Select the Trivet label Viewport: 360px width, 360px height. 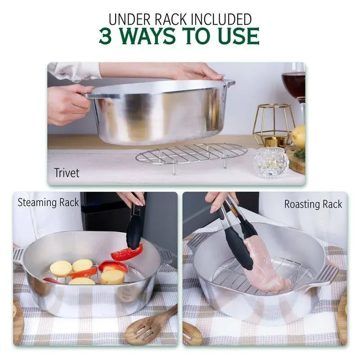pos(67,173)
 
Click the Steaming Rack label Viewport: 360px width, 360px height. pos(48,202)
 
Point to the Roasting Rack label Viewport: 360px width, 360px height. pos(313,204)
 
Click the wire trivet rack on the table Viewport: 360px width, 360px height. pos(191,154)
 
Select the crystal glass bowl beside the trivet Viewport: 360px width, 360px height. pos(270,162)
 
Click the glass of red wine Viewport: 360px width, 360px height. pos(293,83)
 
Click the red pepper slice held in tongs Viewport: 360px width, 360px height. pos(127,253)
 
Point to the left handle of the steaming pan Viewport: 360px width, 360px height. pos(18,256)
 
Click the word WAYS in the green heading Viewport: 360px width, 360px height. pos(154,36)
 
